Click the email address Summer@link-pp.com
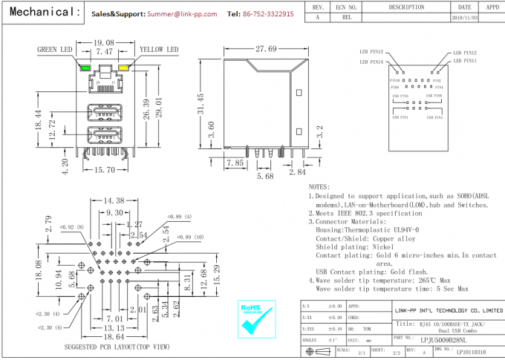pos(182,14)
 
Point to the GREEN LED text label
pos(55,50)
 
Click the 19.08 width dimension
pos(103,44)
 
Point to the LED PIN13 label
pos(372,53)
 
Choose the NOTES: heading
pos(319,187)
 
